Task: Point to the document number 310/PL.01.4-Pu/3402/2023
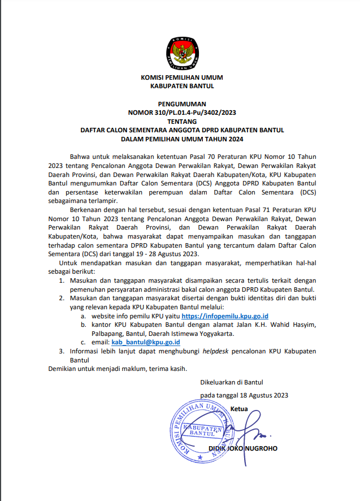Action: (x=194, y=113)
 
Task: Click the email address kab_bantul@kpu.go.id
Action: (x=146, y=342)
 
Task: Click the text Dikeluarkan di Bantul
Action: (x=232, y=382)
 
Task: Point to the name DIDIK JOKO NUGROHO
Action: (x=244, y=448)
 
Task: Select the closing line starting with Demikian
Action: (x=116, y=369)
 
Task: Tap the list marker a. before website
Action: (x=84, y=316)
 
